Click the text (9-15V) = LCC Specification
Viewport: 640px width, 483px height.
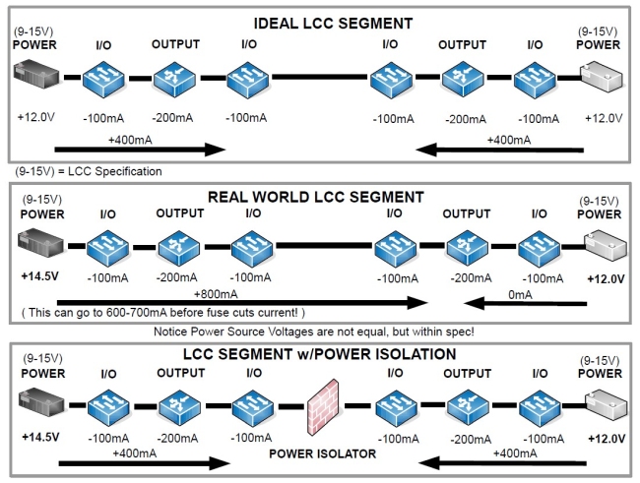click(86, 170)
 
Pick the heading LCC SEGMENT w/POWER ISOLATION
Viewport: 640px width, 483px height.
click(320, 354)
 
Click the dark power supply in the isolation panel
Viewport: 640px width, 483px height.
click(38, 402)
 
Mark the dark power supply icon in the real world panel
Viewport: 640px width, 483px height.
click(38, 243)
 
